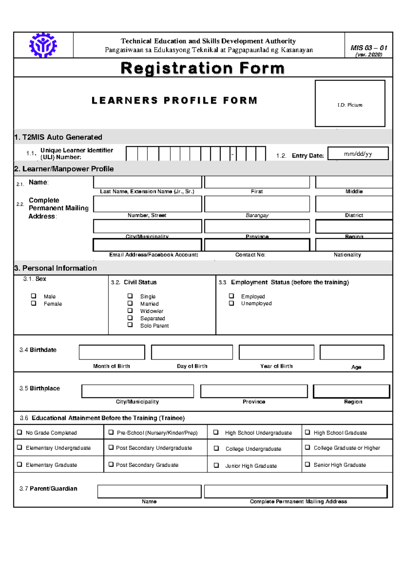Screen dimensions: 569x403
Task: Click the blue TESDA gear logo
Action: [43, 45]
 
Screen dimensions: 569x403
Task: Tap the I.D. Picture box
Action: [350, 103]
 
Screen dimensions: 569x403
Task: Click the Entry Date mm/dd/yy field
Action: [358, 154]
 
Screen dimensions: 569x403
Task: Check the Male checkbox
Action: [34, 296]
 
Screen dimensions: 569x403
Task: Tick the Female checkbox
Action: [34, 303]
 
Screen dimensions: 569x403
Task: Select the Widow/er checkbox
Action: [130, 311]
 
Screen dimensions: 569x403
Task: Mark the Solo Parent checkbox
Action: [130, 325]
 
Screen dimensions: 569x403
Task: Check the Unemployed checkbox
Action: [231, 303]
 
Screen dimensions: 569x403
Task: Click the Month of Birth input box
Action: [112, 352]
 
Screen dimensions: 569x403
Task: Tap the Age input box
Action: [352, 352]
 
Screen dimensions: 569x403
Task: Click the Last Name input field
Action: [147, 182]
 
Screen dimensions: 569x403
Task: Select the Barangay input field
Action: [257, 204]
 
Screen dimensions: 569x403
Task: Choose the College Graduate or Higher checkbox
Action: [307, 448]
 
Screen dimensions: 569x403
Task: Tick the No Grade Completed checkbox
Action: [19, 432]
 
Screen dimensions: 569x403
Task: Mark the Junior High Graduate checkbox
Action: [216, 465]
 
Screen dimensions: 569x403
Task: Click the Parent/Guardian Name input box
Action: [149, 492]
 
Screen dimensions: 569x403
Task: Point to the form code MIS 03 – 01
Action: [369, 48]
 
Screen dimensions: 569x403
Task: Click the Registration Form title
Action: [203, 68]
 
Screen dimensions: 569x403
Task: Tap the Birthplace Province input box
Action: [254, 391]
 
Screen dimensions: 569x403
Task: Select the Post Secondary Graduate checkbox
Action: [111, 465]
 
